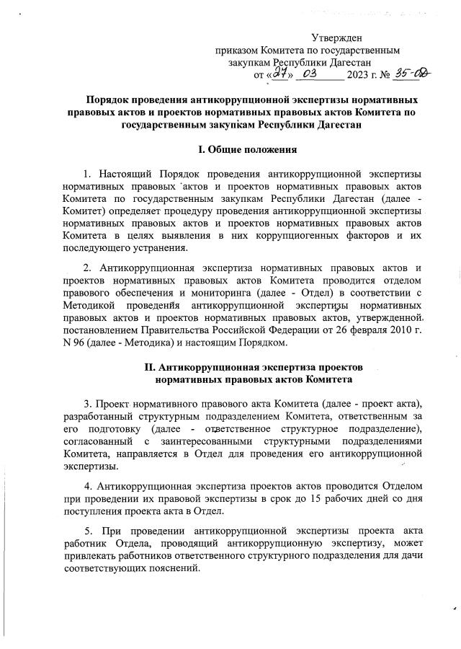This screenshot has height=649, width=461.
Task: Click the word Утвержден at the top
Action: click(337, 37)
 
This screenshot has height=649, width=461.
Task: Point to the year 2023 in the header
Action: click(358, 74)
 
